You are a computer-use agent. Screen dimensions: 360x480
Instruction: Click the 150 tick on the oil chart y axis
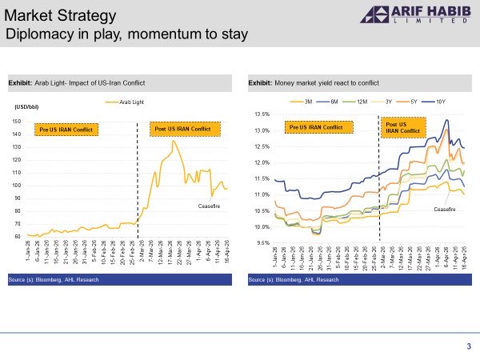coord(16,121)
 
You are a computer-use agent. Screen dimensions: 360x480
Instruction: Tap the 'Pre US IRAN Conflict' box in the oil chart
coord(68,129)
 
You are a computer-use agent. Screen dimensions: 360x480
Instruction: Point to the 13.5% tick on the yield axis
coord(262,114)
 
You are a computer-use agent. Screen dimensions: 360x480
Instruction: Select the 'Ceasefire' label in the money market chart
coord(445,209)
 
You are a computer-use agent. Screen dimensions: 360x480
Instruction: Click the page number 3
coord(469,346)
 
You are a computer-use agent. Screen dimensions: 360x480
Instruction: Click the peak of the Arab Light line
coord(174,142)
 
